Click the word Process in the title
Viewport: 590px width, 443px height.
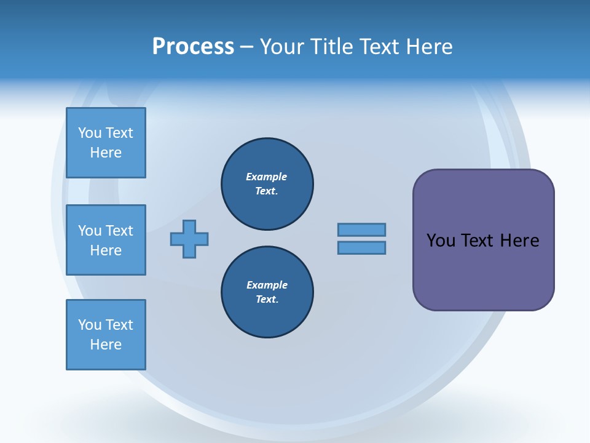(x=193, y=47)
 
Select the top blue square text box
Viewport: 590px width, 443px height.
(x=106, y=143)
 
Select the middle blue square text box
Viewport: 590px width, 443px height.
(x=106, y=240)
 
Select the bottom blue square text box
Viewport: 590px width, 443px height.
(x=106, y=335)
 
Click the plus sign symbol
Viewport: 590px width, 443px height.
(x=189, y=239)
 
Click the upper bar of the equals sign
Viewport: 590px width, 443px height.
(x=361, y=229)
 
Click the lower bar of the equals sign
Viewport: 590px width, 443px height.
(x=361, y=248)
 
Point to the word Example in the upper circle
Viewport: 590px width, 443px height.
(x=266, y=177)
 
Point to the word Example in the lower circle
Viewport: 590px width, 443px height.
(x=267, y=285)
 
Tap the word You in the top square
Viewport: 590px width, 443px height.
(x=90, y=133)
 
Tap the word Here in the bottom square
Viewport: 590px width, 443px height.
(x=106, y=345)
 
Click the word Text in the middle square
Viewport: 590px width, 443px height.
(x=119, y=231)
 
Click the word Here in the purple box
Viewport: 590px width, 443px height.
(x=519, y=241)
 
